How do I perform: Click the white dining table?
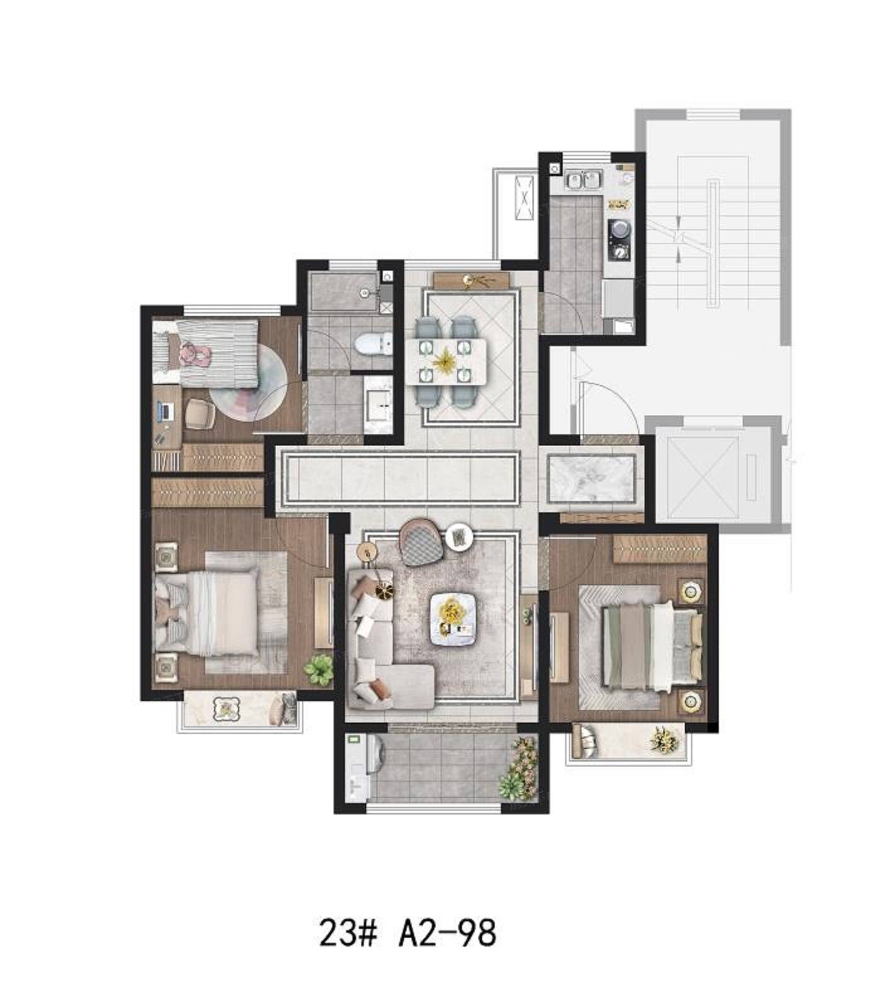coord(446,361)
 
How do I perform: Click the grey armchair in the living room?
coord(423,542)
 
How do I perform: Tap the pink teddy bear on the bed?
coord(194,355)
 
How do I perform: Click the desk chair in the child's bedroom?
coord(201,414)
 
